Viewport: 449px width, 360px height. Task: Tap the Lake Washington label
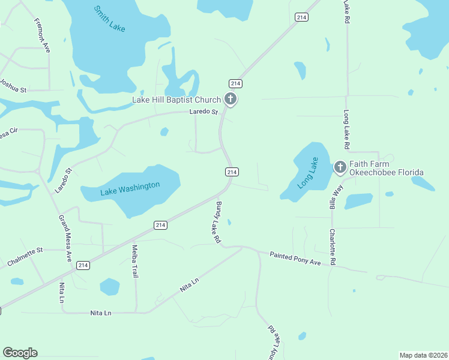click(130, 188)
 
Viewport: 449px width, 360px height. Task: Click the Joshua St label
click(13, 86)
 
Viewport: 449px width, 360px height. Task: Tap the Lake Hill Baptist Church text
click(176, 100)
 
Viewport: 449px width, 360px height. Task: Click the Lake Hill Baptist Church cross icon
click(230, 99)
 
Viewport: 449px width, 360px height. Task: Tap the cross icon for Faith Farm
click(340, 167)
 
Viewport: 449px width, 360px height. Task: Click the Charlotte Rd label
click(332, 247)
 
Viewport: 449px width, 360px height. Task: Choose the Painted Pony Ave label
click(295, 258)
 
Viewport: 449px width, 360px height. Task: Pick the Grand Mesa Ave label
click(64, 238)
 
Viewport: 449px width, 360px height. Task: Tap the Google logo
click(20, 353)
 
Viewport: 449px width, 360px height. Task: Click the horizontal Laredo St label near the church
click(203, 112)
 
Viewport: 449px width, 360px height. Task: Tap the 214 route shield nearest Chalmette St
click(83, 265)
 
